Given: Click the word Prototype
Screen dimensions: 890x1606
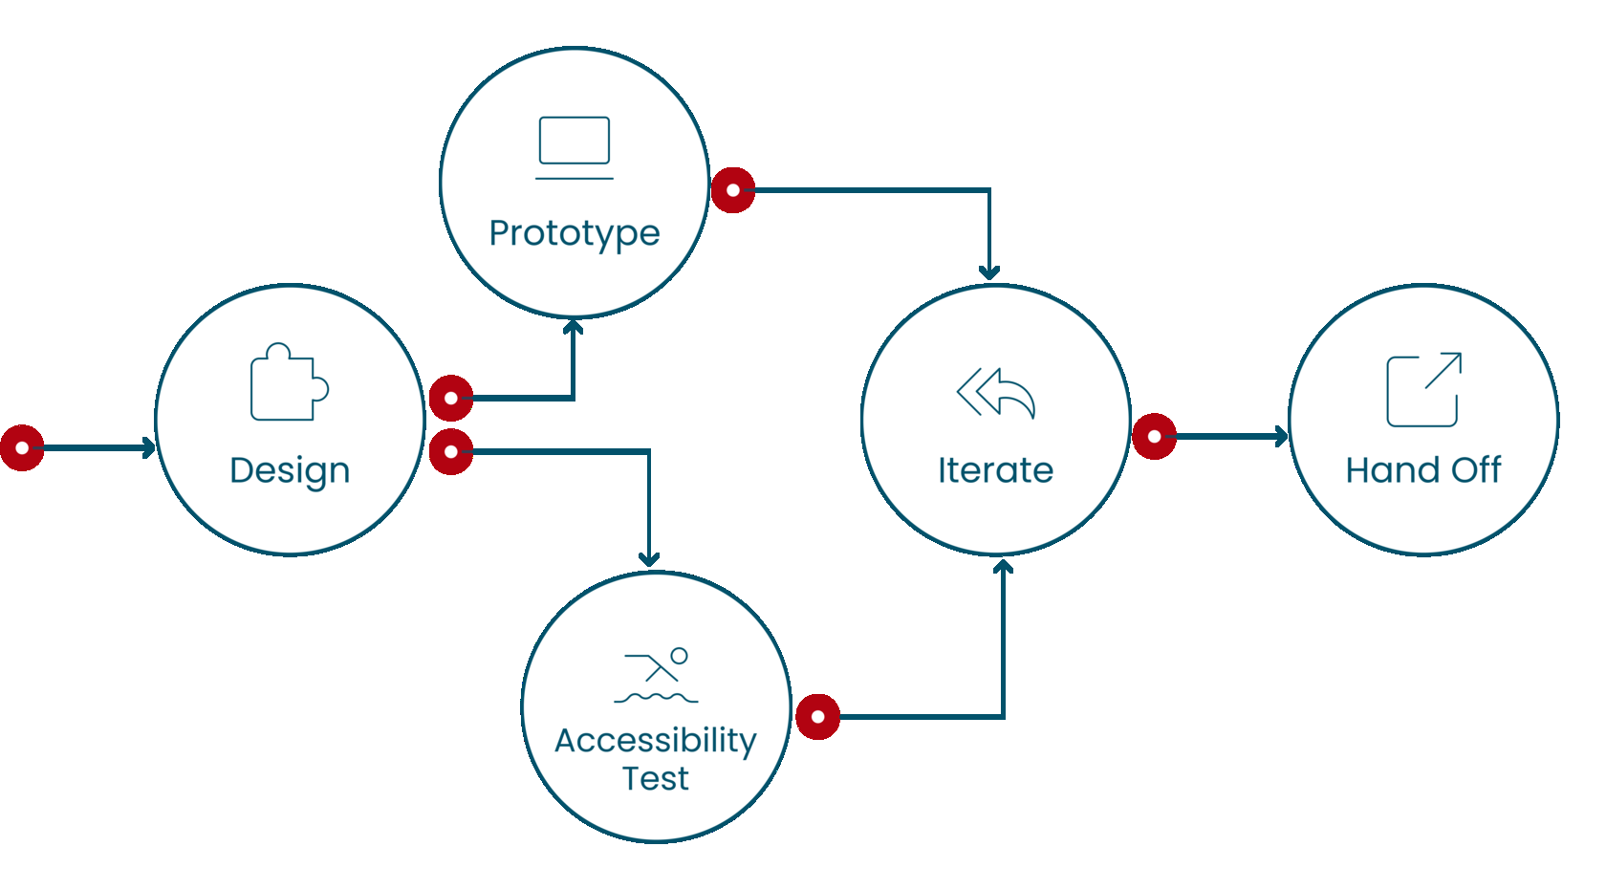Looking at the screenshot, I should (575, 233).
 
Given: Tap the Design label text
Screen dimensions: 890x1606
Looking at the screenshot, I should (290, 470).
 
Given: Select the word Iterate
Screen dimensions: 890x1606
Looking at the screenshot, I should (995, 470).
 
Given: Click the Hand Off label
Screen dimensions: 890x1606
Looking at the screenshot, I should (1422, 470).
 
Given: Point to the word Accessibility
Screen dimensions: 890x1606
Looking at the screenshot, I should (656, 741).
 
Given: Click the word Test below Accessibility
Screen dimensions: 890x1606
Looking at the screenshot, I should (656, 779).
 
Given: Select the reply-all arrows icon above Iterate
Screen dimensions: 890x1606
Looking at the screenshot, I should (996, 393).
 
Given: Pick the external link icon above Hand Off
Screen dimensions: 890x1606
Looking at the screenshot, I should (1423, 389).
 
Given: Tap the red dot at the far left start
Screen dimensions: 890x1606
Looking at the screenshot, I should (22, 447).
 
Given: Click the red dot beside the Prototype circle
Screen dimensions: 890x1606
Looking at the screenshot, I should (733, 190).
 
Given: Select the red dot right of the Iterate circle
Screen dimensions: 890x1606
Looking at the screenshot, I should (1155, 437).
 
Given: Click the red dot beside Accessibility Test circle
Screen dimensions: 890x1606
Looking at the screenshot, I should (817, 717).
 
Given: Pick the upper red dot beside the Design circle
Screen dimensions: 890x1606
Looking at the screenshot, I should (451, 399).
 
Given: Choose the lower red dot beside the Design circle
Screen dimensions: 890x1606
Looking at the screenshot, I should (451, 451).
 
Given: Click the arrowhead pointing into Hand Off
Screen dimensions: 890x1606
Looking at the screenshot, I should (1282, 437).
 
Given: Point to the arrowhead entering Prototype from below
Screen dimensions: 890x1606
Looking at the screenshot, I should (573, 328).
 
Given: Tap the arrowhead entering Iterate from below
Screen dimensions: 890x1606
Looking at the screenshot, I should (1003, 567).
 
